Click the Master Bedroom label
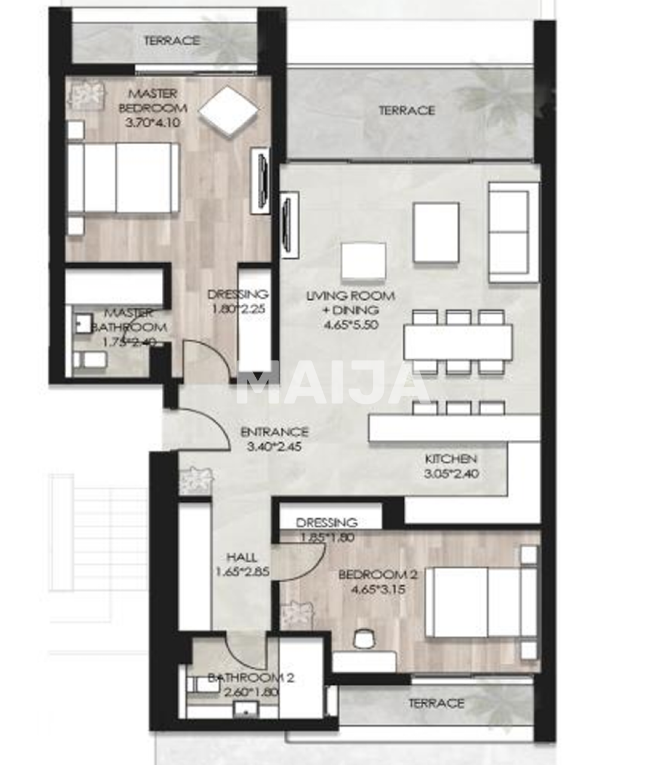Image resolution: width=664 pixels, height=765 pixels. pyautogui.click(x=152, y=101)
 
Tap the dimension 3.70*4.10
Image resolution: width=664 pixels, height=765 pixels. pyautogui.click(x=152, y=123)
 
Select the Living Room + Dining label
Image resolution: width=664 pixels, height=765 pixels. pyautogui.click(x=350, y=302)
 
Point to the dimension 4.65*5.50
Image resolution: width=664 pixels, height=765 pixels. pyautogui.click(x=350, y=325)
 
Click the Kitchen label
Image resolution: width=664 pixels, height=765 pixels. pyautogui.click(x=451, y=459)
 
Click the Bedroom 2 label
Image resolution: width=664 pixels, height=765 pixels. pyautogui.click(x=378, y=575)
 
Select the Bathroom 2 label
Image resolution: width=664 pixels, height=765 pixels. pyautogui.click(x=251, y=678)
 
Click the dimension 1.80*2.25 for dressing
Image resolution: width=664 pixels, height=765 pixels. pyautogui.click(x=237, y=310)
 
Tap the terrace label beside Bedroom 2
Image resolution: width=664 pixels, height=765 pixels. pyautogui.click(x=436, y=703)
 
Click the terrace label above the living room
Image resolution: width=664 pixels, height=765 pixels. pyautogui.click(x=406, y=111)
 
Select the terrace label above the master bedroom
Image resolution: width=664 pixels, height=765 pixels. pyautogui.click(x=172, y=41)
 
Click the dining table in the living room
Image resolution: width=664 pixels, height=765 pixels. pyautogui.click(x=458, y=342)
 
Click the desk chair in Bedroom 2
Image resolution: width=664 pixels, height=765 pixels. pyautogui.click(x=363, y=639)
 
